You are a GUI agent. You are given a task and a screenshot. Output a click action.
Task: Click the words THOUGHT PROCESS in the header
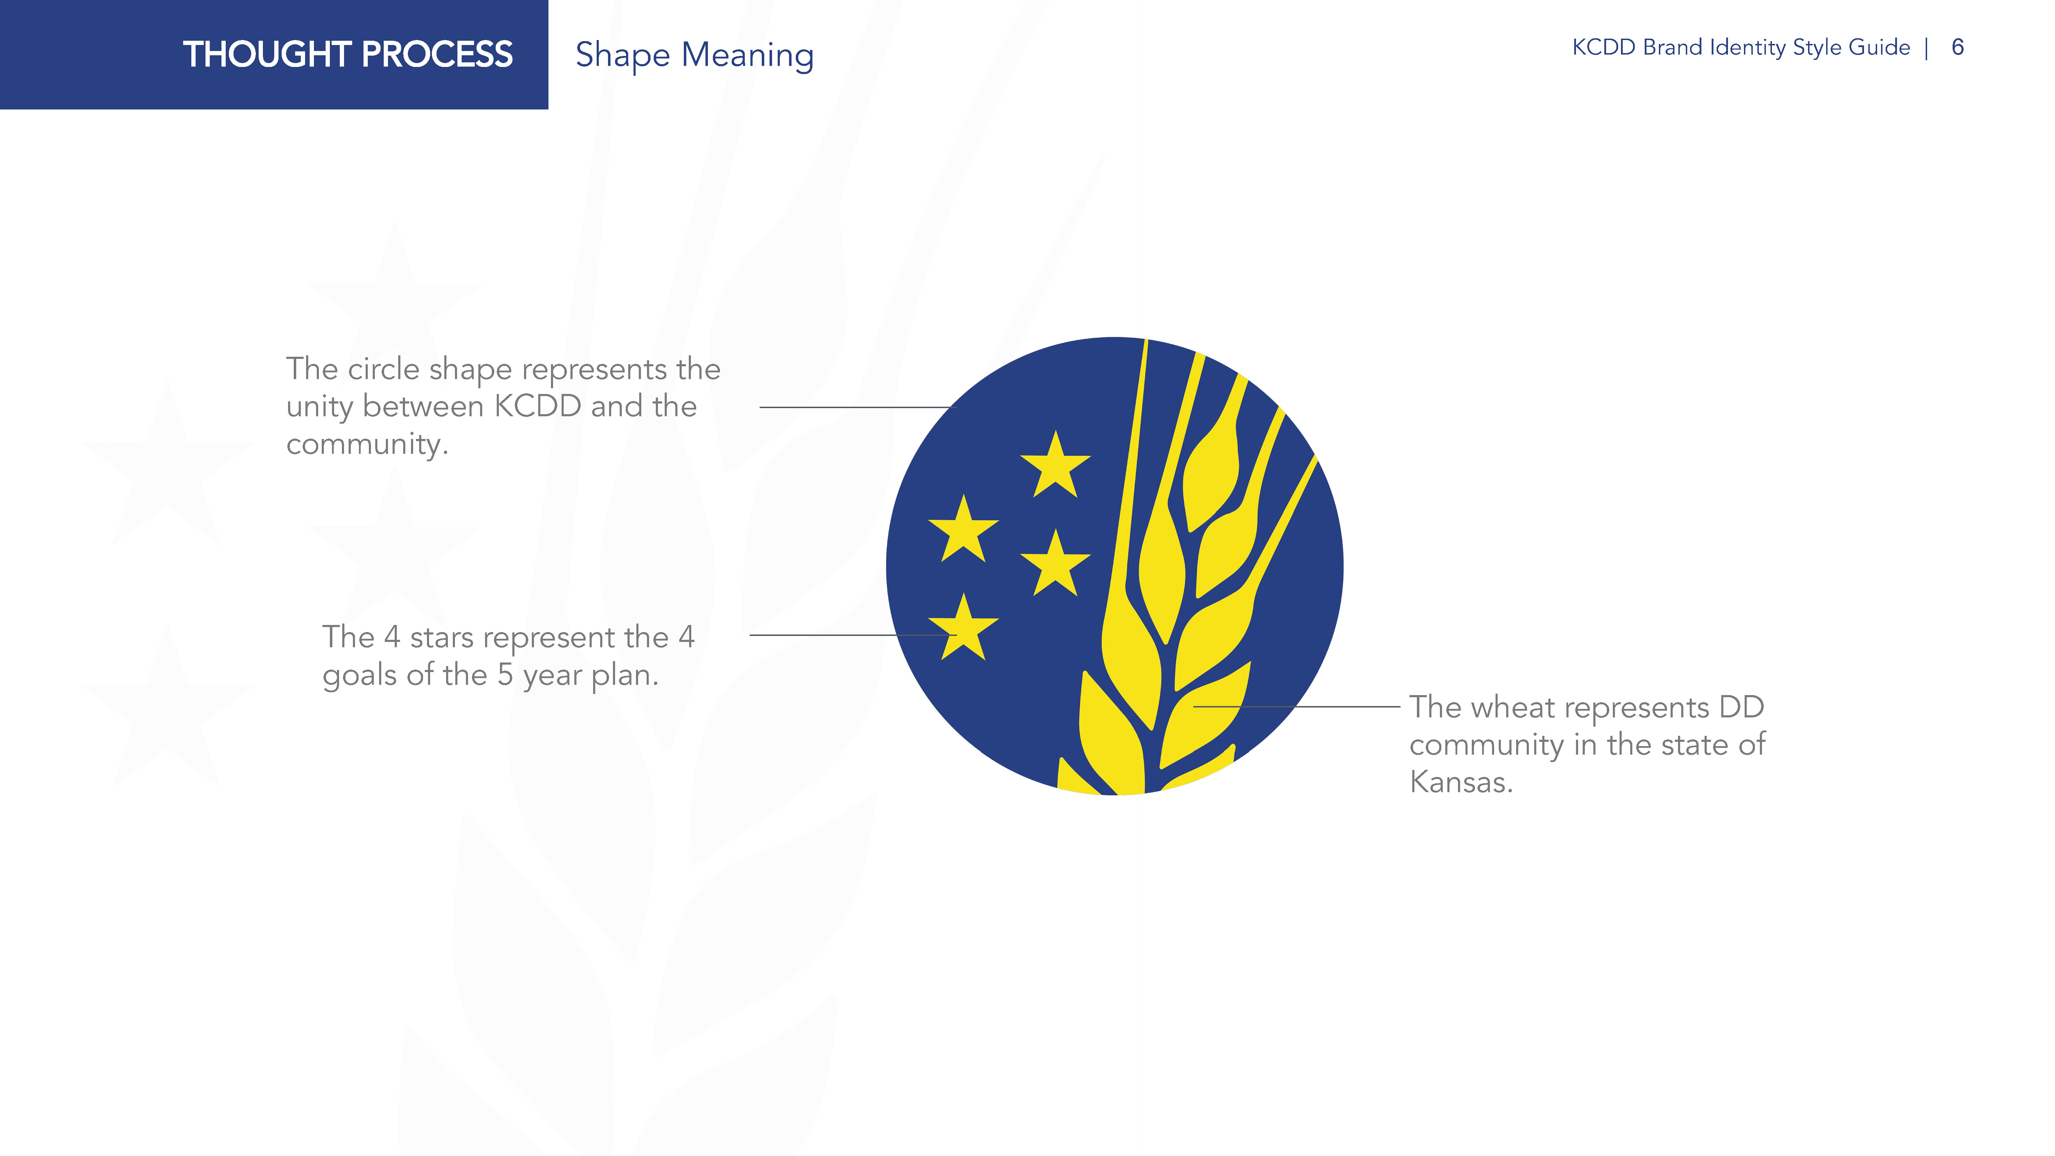[348, 54]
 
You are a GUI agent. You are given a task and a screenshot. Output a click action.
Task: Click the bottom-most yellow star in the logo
[964, 628]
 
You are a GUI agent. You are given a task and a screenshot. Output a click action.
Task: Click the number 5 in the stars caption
[505, 675]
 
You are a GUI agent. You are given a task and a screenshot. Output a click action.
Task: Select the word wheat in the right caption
[1511, 707]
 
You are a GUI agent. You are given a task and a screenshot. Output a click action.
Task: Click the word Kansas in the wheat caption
[1461, 782]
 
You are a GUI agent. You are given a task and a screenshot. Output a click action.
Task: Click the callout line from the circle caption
[856, 408]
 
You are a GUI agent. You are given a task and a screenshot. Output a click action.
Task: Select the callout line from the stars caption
[853, 635]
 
